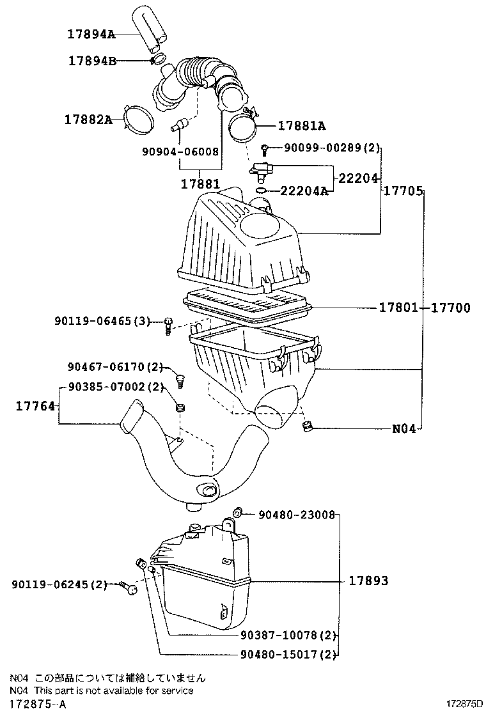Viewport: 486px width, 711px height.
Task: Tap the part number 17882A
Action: pos(87,119)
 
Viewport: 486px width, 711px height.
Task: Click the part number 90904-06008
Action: pos(180,152)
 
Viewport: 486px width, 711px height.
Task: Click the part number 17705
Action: pos(403,191)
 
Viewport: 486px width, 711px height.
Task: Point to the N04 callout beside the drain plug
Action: pos(404,429)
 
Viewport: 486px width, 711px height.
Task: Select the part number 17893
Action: pos(368,581)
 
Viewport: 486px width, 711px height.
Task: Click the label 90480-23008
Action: pos(297,513)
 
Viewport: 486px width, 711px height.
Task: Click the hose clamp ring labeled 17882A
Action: pos(137,120)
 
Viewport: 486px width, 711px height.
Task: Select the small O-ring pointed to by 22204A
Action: pos(260,190)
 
